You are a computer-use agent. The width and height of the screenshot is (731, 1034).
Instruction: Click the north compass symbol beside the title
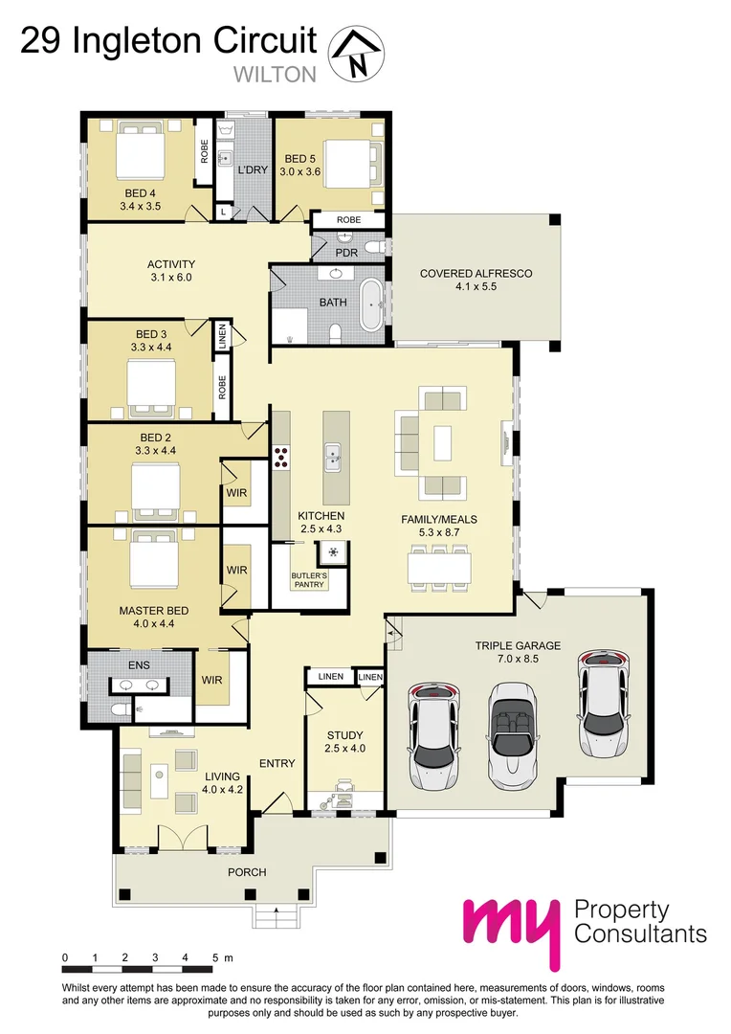coord(356,54)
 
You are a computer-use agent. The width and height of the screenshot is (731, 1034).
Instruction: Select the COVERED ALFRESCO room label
coord(476,274)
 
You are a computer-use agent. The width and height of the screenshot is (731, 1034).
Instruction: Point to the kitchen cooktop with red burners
coord(282,458)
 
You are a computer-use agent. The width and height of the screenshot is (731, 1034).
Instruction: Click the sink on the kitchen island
coord(333,457)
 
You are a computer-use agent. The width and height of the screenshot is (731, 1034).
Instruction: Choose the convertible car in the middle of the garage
coord(513,733)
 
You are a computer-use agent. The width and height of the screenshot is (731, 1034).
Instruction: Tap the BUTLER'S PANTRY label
coord(309,579)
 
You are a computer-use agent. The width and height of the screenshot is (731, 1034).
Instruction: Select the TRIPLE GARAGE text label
coord(518,645)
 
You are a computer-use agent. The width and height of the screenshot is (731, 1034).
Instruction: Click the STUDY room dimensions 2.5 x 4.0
coord(345,749)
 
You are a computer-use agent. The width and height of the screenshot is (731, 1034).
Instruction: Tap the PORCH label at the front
coord(247,872)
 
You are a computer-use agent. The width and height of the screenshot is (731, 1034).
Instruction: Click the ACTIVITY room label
coord(171,264)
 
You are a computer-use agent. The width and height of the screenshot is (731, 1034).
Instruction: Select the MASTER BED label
coord(153,610)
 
